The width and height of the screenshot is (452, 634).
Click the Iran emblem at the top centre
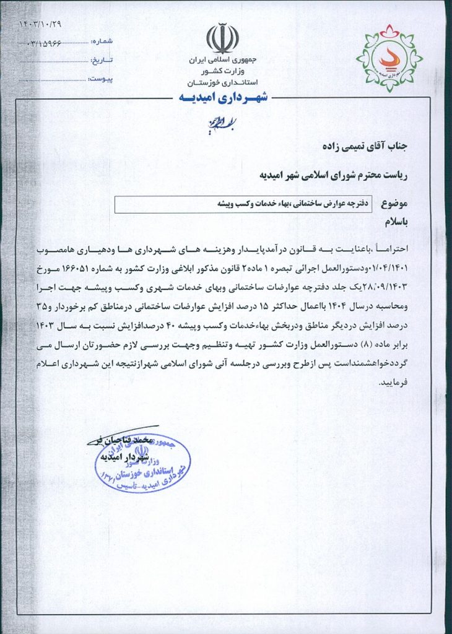(222, 38)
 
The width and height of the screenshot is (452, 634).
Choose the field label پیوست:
(100, 79)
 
